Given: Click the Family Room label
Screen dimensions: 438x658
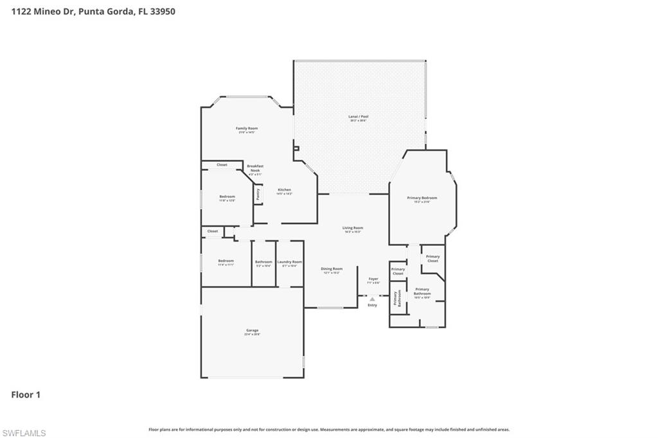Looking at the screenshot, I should point(247,128).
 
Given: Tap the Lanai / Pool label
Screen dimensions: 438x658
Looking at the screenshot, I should point(358,117).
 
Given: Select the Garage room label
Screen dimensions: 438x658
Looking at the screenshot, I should point(251,331).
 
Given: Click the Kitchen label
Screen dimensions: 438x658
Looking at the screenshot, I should point(284,190).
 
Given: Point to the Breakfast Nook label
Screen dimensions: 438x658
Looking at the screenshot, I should point(255,168).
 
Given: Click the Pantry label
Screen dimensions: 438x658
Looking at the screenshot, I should point(258,194).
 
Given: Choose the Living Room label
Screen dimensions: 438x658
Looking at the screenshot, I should point(352,228).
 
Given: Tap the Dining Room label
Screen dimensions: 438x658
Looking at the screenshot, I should point(332,269).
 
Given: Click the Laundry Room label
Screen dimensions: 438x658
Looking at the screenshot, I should point(289,262).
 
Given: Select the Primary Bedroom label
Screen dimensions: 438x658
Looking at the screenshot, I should point(422,198).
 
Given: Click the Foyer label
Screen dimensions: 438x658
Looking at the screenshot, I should point(373,279).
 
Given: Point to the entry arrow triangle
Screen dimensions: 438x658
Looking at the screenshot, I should point(372,299).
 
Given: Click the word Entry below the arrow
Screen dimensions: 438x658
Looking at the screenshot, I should point(372,305).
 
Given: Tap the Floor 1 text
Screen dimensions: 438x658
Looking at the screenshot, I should point(26,395).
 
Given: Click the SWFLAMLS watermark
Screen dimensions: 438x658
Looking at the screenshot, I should point(24,433).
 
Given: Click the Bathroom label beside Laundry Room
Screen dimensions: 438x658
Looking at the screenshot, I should point(263,262).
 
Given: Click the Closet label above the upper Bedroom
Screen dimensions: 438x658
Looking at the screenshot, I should point(222,165).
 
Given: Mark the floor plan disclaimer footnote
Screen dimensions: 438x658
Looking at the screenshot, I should point(329,430).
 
